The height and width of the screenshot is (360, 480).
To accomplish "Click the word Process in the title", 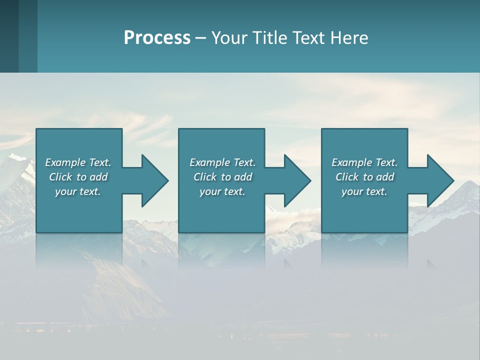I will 157,37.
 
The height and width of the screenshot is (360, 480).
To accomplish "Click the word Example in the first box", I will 65,162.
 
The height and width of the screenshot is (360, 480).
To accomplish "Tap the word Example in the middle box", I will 209,162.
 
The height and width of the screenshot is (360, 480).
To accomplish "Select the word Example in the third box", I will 351,162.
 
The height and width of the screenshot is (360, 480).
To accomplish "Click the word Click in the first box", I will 60,177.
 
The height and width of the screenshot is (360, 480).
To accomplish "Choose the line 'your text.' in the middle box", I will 222,191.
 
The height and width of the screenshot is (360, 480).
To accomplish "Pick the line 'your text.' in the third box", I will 364,191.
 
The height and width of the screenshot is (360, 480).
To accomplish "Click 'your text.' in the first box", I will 78,191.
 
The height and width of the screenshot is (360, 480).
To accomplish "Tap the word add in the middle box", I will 242,177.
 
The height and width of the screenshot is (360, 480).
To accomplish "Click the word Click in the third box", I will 347,177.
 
